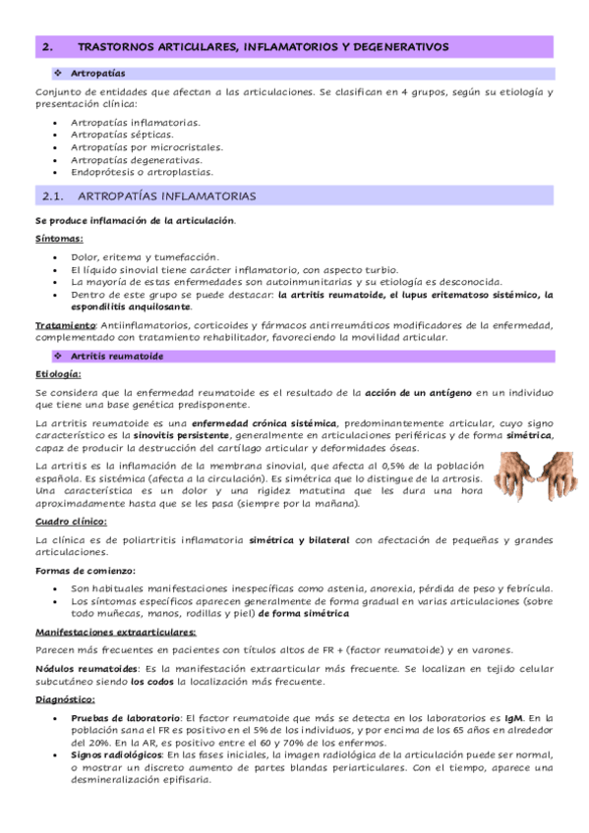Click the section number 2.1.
[x=48, y=195]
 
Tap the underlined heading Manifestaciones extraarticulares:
[x=114, y=632]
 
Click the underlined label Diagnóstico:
[x=65, y=700]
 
